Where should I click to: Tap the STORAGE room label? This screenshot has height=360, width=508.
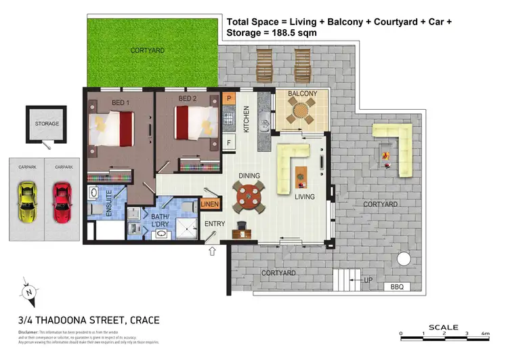tap(47, 124)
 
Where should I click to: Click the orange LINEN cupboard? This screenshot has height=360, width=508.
tap(209, 204)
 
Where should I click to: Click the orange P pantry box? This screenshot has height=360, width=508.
tap(229, 99)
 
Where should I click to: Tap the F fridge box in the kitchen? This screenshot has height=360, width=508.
tap(229, 143)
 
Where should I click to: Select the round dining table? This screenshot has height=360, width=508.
tap(247, 198)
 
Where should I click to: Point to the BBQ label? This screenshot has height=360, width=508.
tap(397, 287)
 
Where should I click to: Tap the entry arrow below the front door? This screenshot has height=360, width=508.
tap(213, 252)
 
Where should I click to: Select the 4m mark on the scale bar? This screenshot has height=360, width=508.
tap(486, 334)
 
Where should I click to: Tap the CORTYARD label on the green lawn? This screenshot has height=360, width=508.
tap(147, 51)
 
